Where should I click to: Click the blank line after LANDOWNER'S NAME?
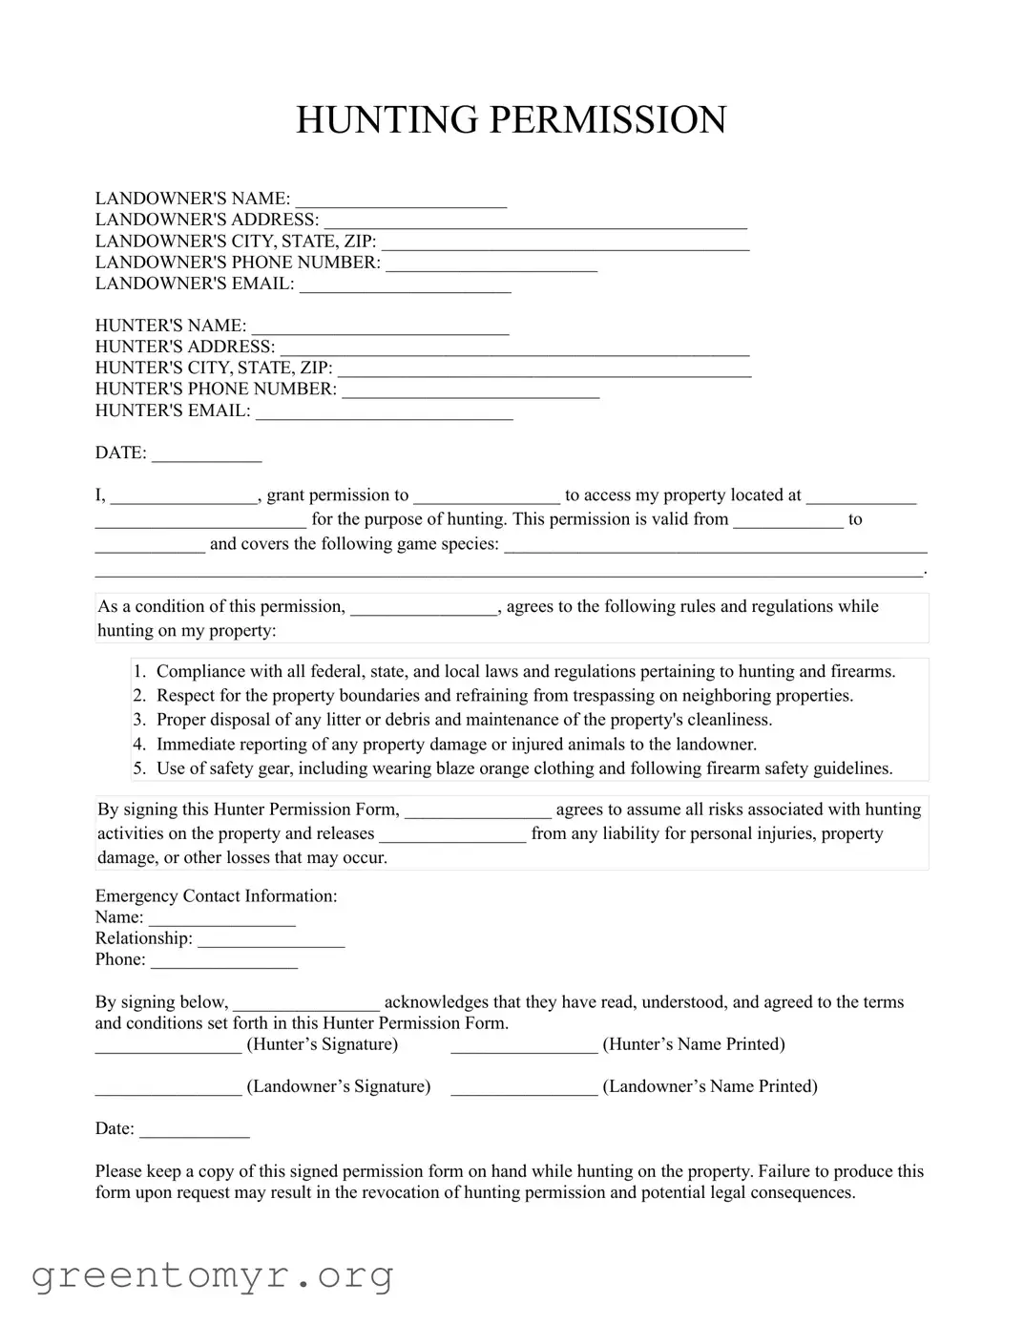coord(401,200)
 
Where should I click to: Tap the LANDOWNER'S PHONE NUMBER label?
coord(238,263)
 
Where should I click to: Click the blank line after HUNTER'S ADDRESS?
coord(514,347)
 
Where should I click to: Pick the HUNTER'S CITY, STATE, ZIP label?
coord(214,368)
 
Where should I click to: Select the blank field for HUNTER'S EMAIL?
coord(385,411)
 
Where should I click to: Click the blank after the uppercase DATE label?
coord(207,454)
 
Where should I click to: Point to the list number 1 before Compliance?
coord(139,672)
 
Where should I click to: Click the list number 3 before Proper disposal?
coord(139,720)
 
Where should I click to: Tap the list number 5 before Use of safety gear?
coord(139,768)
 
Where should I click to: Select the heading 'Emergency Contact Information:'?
coord(216,896)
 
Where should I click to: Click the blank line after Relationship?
coord(271,939)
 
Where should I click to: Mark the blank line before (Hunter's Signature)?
coord(168,1045)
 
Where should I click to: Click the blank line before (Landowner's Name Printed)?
coord(524,1087)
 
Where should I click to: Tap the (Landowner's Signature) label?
coord(339,1086)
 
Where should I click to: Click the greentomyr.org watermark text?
coord(212,1275)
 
